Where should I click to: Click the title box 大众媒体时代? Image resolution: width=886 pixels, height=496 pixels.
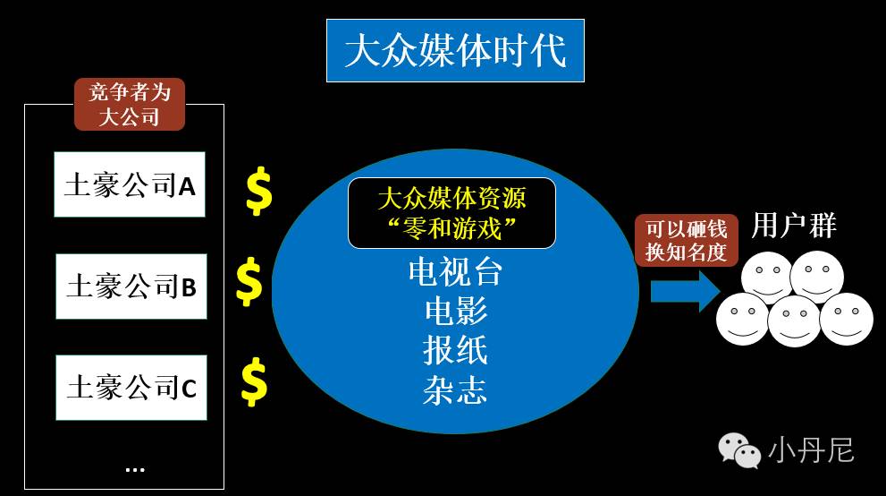[455, 50]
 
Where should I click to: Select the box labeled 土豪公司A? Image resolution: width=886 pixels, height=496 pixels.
[130, 184]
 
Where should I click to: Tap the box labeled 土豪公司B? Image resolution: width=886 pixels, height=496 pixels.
[131, 286]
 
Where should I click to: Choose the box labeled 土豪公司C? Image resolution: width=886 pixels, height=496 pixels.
[131, 387]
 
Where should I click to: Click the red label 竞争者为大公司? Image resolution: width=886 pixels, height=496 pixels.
[129, 104]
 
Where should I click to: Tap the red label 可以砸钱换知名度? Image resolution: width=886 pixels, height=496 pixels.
[687, 240]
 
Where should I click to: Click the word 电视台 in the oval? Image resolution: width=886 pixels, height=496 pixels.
[455, 272]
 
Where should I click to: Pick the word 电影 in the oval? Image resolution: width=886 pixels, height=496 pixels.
[455, 311]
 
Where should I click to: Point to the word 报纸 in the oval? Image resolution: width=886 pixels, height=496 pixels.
[455, 350]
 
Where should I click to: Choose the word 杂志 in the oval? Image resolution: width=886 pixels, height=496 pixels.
[455, 390]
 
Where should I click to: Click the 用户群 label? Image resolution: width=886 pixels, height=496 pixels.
[794, 226]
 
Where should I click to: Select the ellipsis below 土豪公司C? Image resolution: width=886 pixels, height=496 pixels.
[135, 467]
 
